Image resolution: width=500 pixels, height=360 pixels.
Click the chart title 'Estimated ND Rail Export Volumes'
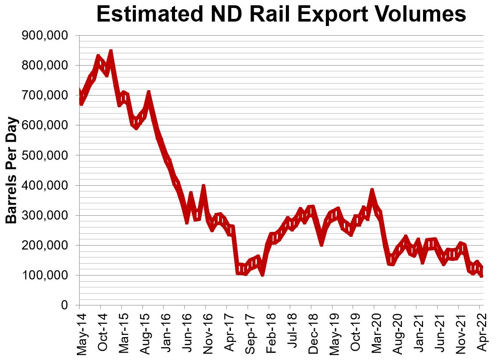(x=281, y=14)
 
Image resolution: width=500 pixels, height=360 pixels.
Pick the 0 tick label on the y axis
(x=65, y=305)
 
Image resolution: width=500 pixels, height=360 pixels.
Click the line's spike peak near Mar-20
(x=372, y=191)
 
